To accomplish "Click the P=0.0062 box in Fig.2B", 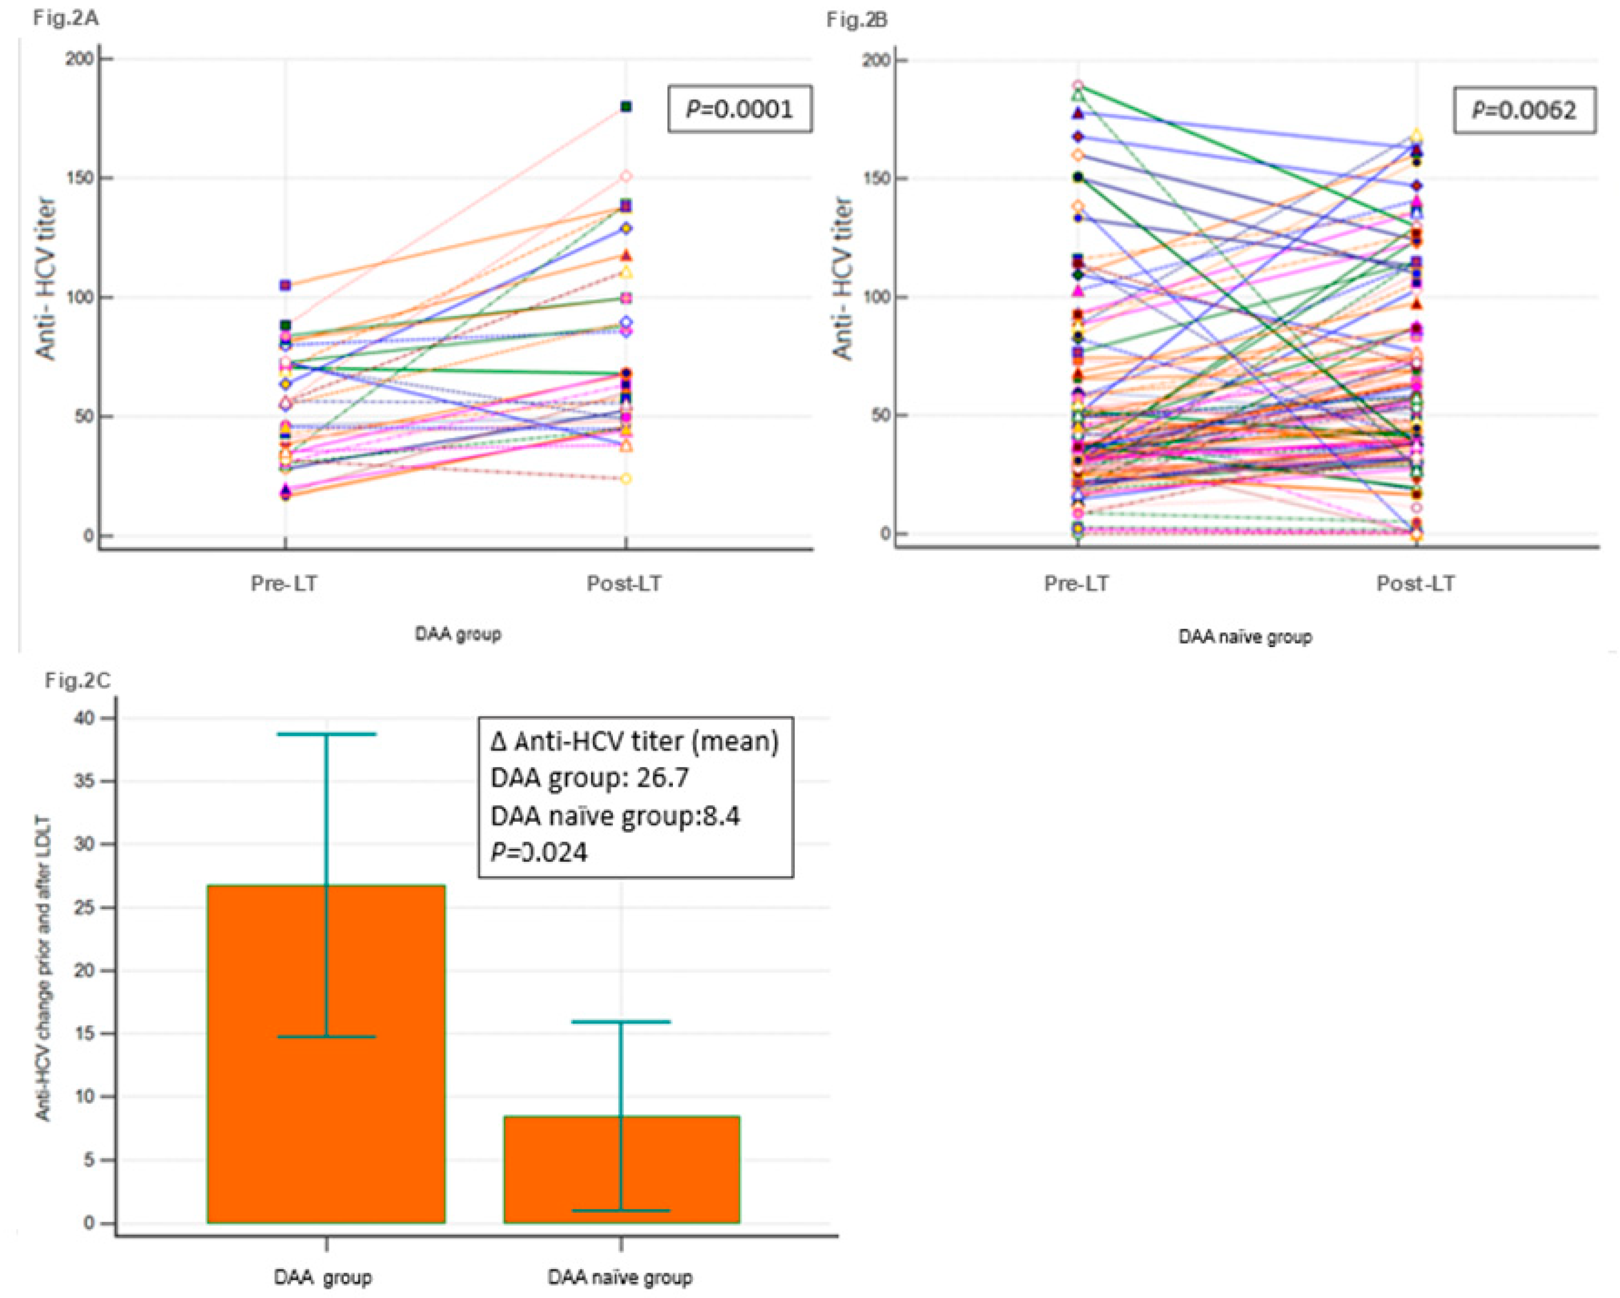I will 1524,111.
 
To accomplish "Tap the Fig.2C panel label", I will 77,681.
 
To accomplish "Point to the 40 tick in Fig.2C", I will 85,718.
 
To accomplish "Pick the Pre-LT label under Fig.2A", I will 284,583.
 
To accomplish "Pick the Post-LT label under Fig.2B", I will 1415,583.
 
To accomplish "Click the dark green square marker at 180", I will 626,107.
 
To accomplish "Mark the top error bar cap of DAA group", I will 327,733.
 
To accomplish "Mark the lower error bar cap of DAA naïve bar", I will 621,1211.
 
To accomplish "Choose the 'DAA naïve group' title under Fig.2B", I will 1245,638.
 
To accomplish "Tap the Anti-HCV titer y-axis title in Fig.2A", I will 47,278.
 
